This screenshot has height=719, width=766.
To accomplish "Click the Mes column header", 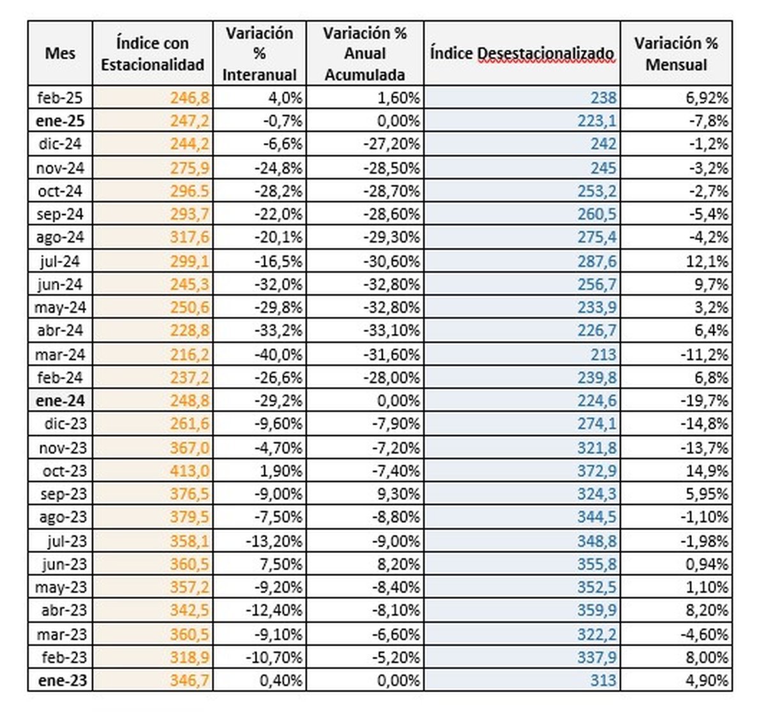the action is pos(60,53).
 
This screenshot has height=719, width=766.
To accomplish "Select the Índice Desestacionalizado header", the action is pos(522,53).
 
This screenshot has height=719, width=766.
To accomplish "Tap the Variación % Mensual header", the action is pos(676,54).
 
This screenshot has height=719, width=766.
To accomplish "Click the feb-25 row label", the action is pos(60,98).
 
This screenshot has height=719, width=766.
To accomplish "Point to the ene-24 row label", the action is pos(60,400).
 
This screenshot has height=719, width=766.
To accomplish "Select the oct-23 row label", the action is pos(65,471).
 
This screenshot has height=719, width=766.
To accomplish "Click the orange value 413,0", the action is pos(190,471).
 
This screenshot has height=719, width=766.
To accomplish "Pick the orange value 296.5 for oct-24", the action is pos(190,191).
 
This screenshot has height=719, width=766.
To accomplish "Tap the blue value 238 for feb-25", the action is pos(604,98).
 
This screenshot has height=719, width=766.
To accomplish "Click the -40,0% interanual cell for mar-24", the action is pos(278,354).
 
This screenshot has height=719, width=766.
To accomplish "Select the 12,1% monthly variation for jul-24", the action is pos(707,261).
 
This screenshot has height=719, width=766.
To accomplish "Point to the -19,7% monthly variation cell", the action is pos(704,400).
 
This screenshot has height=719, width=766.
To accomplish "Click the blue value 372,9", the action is pos(597,471).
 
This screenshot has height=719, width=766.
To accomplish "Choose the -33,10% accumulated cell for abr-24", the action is pos(391,330).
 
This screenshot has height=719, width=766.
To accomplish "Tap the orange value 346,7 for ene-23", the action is pos(190,680).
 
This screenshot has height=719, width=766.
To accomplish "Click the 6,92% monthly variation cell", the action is pos(707,98).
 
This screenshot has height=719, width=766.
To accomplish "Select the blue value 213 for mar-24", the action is pos(604,354).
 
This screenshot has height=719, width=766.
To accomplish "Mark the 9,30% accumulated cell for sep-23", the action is pos(398,494).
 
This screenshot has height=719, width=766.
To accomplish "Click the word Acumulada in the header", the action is pos(365,75).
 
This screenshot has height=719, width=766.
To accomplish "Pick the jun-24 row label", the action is pos(60,284).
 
